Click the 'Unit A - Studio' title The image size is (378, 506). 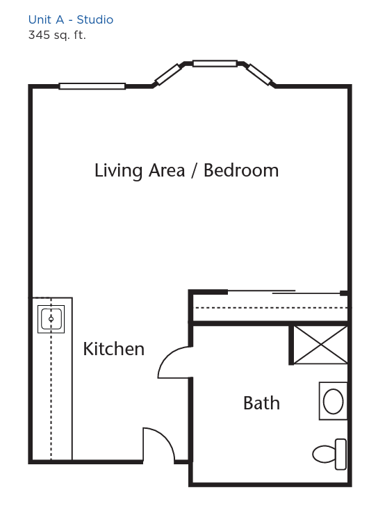tap(71, 19)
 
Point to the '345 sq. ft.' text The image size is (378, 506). tap(57, 35)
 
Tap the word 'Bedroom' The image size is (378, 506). tap(241, 170)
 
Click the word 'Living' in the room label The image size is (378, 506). tap(118, 171)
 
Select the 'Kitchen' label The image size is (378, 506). tap(113, 349)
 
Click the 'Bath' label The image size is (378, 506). tap(261, 403)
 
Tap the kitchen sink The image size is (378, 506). tap(51, 319)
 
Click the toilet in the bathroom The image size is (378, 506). tap(329, 454)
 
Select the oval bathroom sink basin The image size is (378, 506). tap(333, 402)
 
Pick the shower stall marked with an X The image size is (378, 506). tap(320, 345)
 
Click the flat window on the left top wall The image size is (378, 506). tap(92, 86)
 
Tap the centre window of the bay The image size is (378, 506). tap(215, 63)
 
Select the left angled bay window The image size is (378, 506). tap(167, 74)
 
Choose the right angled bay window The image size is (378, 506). tap(260, 74)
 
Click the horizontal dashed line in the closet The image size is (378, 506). tap(272, 308)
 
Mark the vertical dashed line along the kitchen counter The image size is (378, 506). tap(51, 379)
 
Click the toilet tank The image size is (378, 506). tap(341, 454)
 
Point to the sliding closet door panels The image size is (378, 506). tap(283, 292)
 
